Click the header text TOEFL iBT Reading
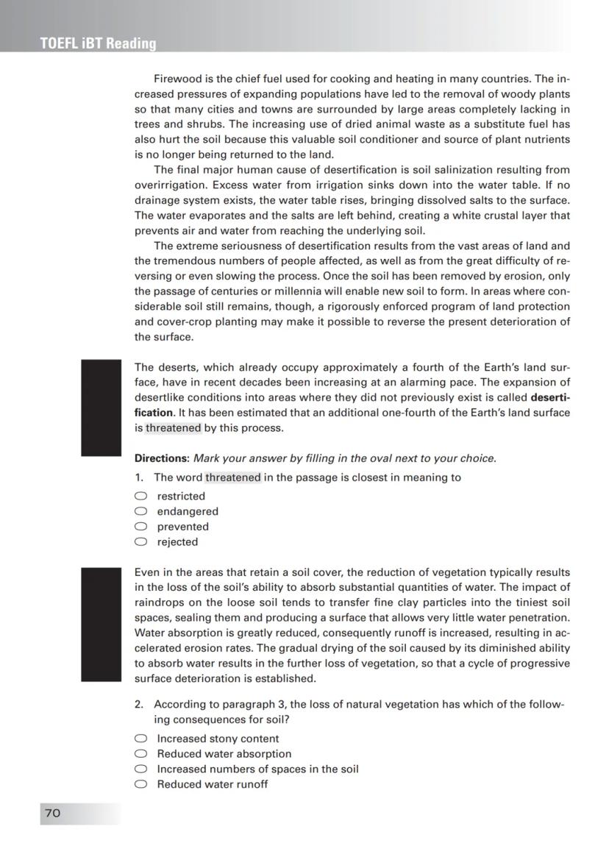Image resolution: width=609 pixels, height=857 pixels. (x=98, y=43)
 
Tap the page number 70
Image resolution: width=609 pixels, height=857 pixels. (x=53, y=813)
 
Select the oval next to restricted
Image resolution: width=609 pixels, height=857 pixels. (x=140, y=496)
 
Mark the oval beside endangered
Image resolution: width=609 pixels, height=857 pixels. (x=140, y=511)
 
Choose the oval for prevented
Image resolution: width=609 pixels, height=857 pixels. (x=140, y=527)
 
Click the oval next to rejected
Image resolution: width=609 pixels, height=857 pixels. (x=140, y=542)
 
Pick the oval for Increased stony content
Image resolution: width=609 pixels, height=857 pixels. (x=140, y=739)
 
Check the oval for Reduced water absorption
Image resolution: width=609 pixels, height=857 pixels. (x=140, y=754)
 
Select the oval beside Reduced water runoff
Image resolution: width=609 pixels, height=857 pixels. (x=140, y=784)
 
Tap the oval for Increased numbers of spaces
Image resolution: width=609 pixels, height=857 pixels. (x=140, y=769)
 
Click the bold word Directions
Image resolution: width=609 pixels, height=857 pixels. (x=161, y=458)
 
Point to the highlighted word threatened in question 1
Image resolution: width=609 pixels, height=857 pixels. (x=232, y=477)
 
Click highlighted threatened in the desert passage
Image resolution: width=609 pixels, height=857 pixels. (x=173, y=428)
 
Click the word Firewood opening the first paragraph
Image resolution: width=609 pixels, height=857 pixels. (x=177, y=79)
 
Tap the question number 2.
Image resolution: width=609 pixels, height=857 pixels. (x=138, y=705)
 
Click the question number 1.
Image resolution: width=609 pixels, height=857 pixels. (x=138, y=477)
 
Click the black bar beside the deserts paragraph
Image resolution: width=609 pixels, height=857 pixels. (x=101, y=408)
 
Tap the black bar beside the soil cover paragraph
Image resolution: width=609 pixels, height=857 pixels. (x=101, y=625)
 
